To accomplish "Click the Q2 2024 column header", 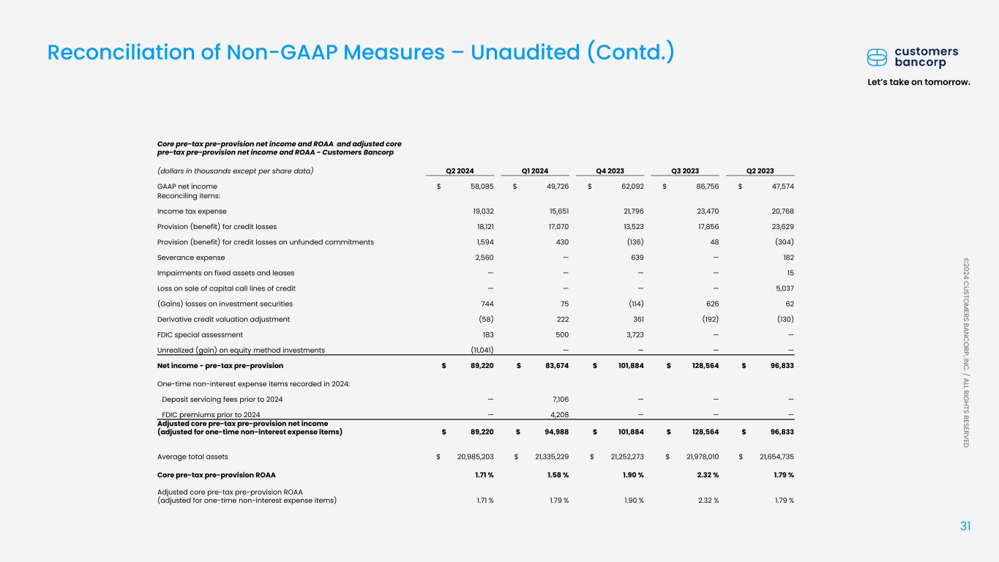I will pyautogui.click(x=460, y=171).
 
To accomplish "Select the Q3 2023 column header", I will pyautogui.click(x=686, y=171).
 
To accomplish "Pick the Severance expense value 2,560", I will pyautogui.click(x=484, y=258).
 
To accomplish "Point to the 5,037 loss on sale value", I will pyautogui.click(x=782, y=288).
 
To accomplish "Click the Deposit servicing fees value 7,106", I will pyautogui.click(x=559, y=399).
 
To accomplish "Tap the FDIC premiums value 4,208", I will pyautogui.click(x=559, y=414).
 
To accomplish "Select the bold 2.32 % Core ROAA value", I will pyautogui.click(x=703, y=474).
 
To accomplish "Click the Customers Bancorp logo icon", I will pyautogui.click(x=876, y=57).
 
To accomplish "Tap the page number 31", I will pyautogui.click(x=965, y=527).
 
